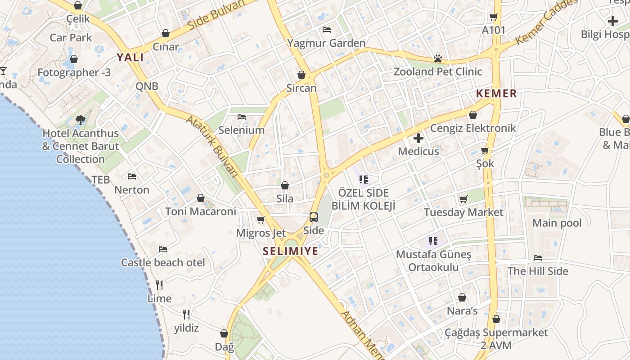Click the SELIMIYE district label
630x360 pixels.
click(290, 251)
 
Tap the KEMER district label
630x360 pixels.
click(496, 94)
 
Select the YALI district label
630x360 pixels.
click(130, 57)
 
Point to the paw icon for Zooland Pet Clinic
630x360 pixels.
click(437, 58)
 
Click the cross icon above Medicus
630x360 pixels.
click(418, 138)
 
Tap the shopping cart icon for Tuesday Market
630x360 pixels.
click(463, 199)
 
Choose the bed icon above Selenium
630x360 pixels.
click(242, 117)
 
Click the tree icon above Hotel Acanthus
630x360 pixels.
click(81, 120)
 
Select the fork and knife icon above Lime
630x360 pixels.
click(159, 285)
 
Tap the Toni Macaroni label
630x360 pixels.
click(200, 211)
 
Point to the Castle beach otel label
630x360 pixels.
click(163, 262)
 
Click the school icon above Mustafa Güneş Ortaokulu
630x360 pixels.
click(433, 241)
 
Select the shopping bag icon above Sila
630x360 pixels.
click(284, 185)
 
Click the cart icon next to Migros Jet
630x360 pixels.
click(261, 220)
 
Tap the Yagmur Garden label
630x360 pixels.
click(326, 43)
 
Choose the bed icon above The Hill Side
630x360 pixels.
click(537, 258)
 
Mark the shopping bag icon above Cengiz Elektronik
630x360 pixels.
click(472, 115)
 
